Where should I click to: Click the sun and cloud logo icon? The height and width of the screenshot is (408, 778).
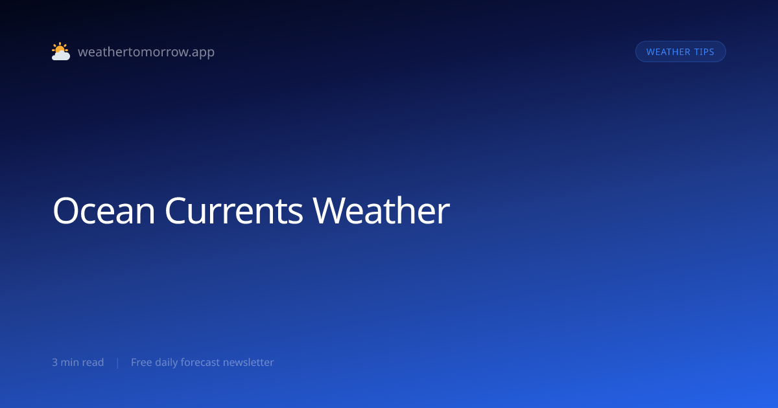coord(61,51)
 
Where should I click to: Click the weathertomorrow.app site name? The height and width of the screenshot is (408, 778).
coord(147,52)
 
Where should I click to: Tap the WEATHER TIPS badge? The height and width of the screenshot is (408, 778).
coord(680,52)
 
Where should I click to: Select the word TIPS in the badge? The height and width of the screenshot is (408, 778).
coord(704,52)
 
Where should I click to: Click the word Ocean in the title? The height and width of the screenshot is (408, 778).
coord(104,211)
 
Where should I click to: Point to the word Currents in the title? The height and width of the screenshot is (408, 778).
coord(234,211)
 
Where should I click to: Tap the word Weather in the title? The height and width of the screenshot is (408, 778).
coord(381,210)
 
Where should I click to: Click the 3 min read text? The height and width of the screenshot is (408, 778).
coord(78,362)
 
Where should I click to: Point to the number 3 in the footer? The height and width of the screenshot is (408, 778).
coord(54,363)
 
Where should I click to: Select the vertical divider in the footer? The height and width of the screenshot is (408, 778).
coord(118,363)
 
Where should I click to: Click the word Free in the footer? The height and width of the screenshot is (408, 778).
coord(141,362)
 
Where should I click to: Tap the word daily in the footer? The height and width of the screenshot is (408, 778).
coord(166,363)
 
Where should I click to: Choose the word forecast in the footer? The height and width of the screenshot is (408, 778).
coord(200,362)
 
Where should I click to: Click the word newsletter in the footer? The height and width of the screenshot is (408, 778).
coord(248,362)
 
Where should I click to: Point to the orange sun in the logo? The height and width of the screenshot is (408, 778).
coord(60,48)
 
